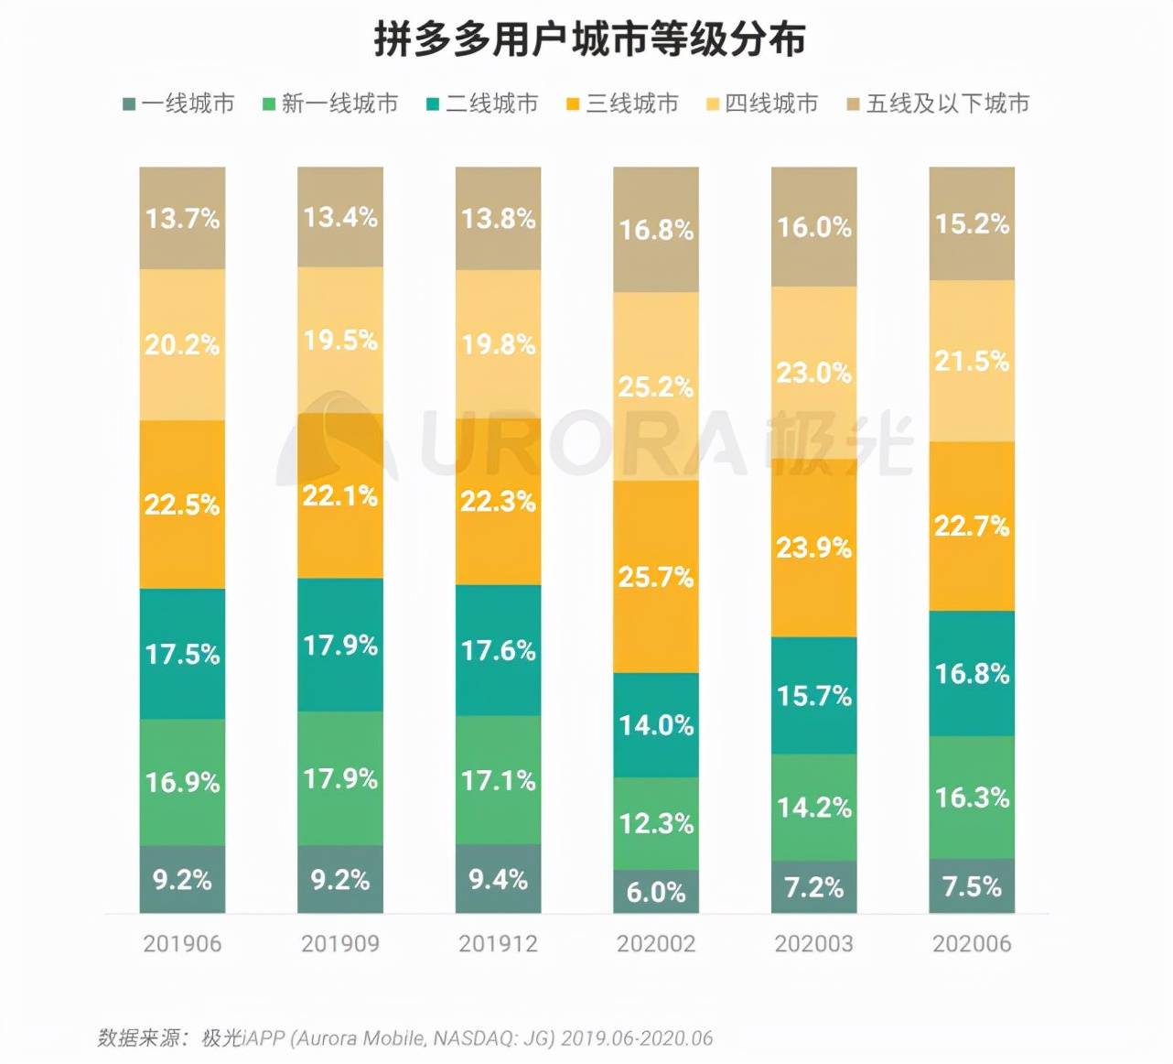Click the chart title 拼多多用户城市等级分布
pyautogui.click(x=589, y=40)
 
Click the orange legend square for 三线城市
pyautogui.click(x=573, y=104)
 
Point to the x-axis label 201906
pyautogui.click(x=182, y=944)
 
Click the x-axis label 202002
pyautogui.click(x=656, y=944)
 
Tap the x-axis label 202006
pyautogui.click(x=972, y=944)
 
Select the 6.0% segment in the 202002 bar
pyautogui.click(x=656, y=892)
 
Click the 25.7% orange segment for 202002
pyautogui.click(x=656, y=577)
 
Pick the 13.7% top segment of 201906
pyautogui.click(x=182, y=218)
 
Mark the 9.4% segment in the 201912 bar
pyautogui.click(x=498, y=879)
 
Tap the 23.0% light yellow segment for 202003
pyautogui.click(x=813, y=373)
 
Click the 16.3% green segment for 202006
pyautogui.click(x=972, y=798)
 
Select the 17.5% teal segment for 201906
pyautogui.click(x=182, y=654)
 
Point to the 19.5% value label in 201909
pyautogui.click(x=340, y=341)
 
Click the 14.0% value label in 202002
pyautogui.click(x=656, y=725)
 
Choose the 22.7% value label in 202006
pyautogui.click(x=972, y=527)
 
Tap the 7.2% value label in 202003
pyautogui.click(x=813, y=887)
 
